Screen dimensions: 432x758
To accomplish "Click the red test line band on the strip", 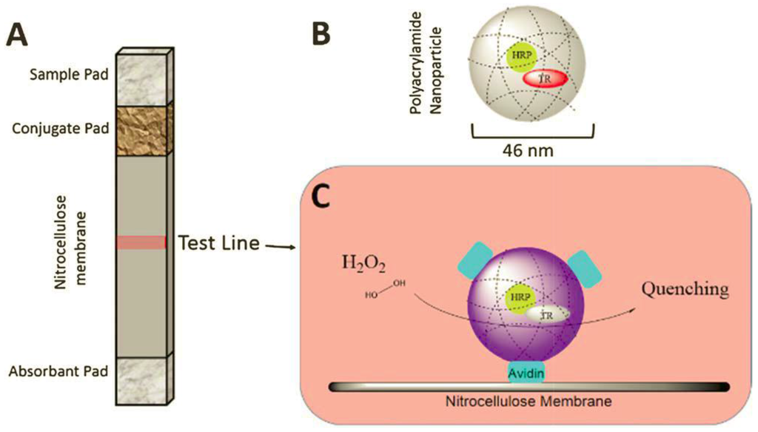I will click(x=141, y=243).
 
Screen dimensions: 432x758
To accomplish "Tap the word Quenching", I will click(x=685, y=288).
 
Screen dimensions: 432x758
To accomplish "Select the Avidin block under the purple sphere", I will click(x=525, y=373).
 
